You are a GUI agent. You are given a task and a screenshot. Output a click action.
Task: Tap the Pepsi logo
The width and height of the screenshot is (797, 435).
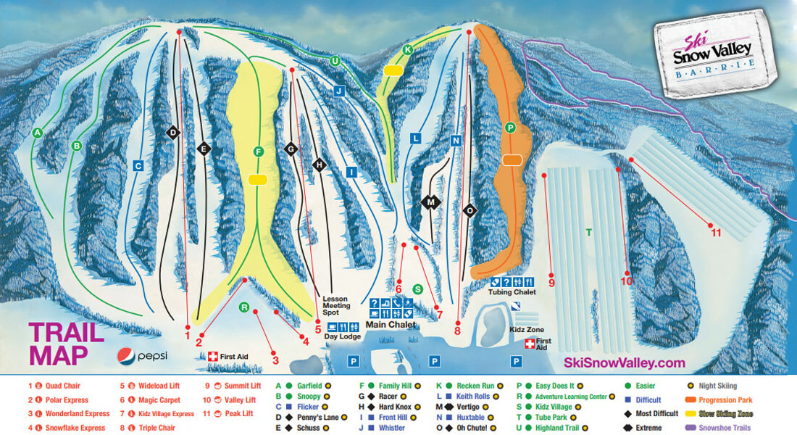point(142,355)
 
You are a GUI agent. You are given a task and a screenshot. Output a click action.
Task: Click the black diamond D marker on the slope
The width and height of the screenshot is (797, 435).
point(172,132)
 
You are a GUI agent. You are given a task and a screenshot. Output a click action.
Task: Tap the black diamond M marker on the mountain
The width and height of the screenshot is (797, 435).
point(431,202)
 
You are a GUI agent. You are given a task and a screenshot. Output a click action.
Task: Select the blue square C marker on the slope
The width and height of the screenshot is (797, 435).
point(137,166)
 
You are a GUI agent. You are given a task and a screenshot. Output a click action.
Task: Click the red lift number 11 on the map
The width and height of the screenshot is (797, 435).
point(716,233)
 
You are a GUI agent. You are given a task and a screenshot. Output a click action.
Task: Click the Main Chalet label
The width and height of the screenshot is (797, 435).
point(391,324)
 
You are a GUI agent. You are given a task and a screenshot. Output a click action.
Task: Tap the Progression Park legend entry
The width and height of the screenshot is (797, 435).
point(725,399)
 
